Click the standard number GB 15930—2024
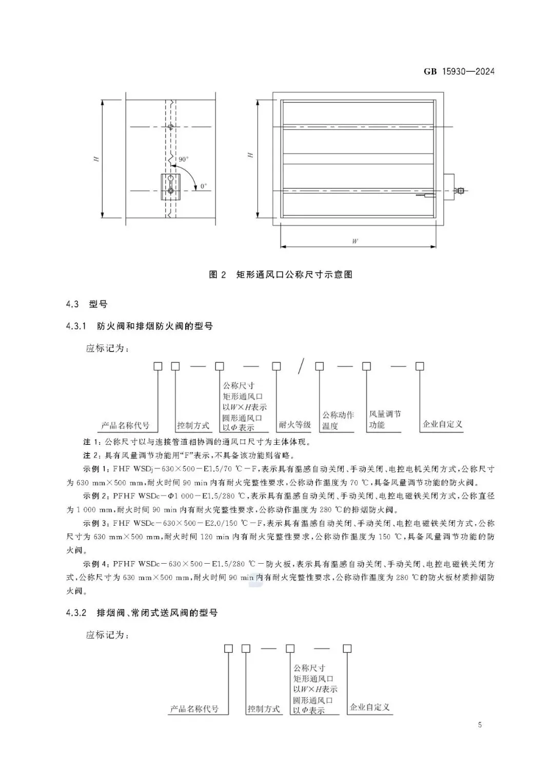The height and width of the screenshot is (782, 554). pos(459,72)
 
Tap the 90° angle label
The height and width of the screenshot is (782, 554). pos(184,159)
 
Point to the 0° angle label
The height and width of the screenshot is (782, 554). pos(204,187)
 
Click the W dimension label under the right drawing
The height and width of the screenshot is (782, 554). pos(355,241)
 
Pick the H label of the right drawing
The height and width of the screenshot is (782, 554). pos(250,155)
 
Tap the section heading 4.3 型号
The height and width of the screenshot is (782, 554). pos(87,304)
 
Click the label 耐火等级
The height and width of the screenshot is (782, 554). pos(295,424)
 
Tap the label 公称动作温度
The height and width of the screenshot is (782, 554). pos(338,420)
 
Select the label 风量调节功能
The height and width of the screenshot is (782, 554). pos(385,419)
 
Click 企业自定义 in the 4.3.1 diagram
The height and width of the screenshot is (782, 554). pos(442,424)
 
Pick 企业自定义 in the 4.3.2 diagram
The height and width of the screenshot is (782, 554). pos(369,707)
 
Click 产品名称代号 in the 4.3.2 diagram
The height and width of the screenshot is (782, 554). pos(194,709)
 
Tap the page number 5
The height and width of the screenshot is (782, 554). pos(480,725)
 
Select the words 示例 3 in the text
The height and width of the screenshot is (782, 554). pos(95,523)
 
